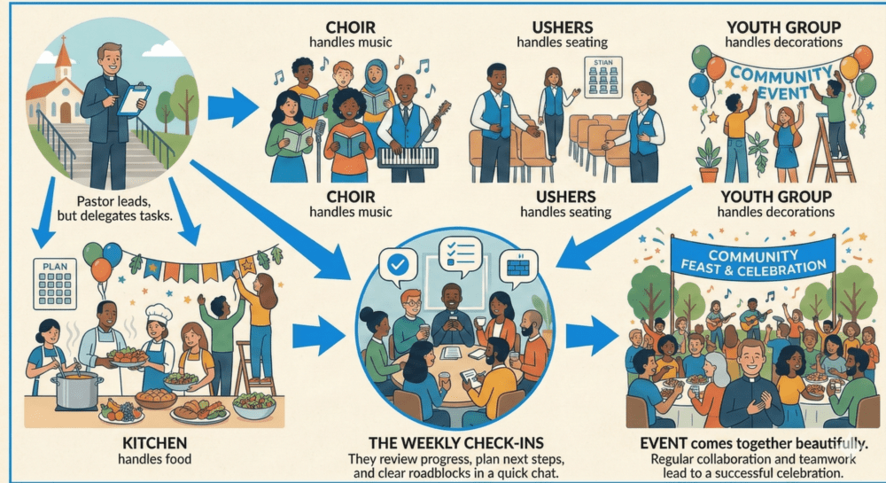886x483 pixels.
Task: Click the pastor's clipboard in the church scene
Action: [134, 99]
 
